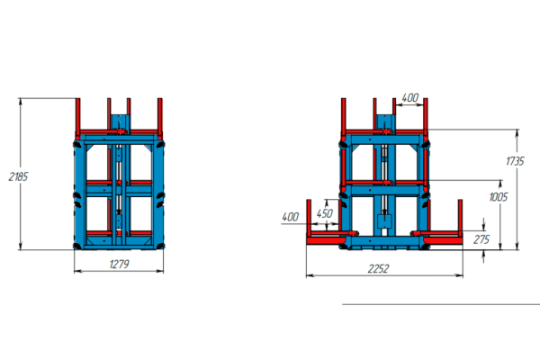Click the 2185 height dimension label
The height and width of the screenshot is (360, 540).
(x=18, y=176)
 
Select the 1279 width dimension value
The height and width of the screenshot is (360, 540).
(x=119, y=265)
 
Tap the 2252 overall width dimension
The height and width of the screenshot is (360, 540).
(x=378, y=269)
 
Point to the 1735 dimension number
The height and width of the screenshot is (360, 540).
(x=515, y=161)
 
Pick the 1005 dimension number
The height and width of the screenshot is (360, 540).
(x=499, y=197)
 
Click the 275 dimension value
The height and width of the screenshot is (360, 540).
(x=481, y=239)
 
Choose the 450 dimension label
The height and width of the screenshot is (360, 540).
(x=325, y=213)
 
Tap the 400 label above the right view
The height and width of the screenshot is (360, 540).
(x=410, y=98)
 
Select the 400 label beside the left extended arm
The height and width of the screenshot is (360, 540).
(x=291, y=217)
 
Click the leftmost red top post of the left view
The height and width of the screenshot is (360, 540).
(x=78, y=116)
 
